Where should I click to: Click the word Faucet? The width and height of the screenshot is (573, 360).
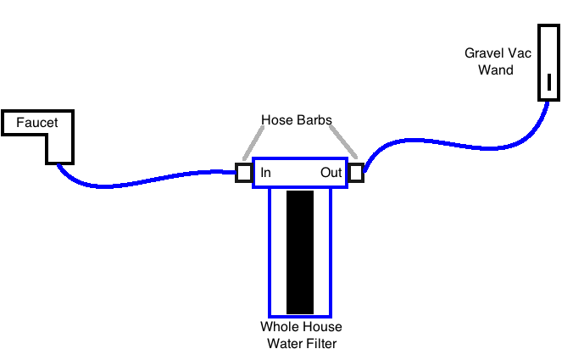[x=37, y=123]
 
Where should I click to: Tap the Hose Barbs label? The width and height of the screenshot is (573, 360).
[x=296, y=119]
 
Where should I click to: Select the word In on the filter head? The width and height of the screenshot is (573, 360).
[x=265, y=173]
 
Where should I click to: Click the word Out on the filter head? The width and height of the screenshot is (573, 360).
[x=331, y=173]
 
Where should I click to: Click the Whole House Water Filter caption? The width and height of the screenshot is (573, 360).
[x=302, y=335]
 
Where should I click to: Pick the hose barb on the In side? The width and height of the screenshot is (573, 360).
[x=243, y=173]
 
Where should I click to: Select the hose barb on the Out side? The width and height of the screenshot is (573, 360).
[x=355, y=173]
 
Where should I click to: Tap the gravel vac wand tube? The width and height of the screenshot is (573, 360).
[x=549, y=51]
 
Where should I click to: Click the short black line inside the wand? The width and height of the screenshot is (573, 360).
[x=549, y=82]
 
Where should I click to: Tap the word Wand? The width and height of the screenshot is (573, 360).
[x=496, y=69]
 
